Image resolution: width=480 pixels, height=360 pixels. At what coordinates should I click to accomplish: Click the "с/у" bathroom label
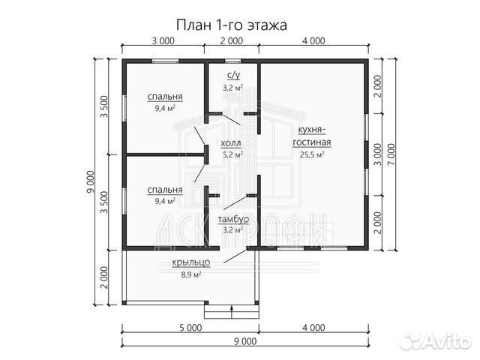click(x=232, y=76)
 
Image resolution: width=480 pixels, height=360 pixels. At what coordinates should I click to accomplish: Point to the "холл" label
click(x=232, y=142)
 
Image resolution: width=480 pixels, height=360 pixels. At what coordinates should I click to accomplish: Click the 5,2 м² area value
click(x=232, y=155)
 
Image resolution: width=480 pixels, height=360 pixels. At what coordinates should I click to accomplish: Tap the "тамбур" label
click(x=232, y=218)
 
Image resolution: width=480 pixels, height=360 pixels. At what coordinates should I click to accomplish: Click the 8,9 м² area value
click(x=190, y=274)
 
